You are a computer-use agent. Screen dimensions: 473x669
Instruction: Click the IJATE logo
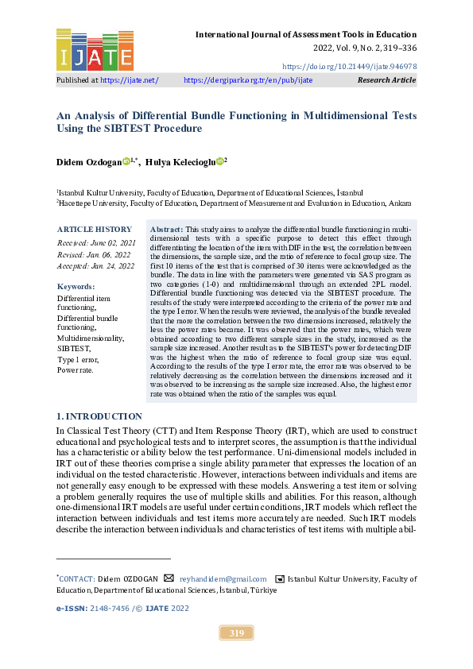pos(95,50)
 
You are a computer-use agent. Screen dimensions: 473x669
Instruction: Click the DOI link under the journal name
pos(349,66)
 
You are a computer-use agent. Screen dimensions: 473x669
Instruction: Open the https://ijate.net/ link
pos(130,80)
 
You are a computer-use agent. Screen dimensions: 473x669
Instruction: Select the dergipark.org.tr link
pos(248,80)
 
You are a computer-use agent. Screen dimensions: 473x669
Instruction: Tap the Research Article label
pos(386,80)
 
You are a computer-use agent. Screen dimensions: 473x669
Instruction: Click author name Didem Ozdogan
pos(88,161)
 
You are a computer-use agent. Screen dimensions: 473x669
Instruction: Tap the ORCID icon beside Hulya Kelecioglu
pos(220,160)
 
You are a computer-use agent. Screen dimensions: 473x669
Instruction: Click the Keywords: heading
pos(77,286)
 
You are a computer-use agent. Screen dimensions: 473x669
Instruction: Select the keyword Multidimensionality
pos(90,338)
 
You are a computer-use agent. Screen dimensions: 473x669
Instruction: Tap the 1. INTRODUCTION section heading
pos(99,416)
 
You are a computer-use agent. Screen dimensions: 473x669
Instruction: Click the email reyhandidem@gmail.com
pos(223,579)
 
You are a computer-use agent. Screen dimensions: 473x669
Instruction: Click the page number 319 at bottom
pos(236,633)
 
